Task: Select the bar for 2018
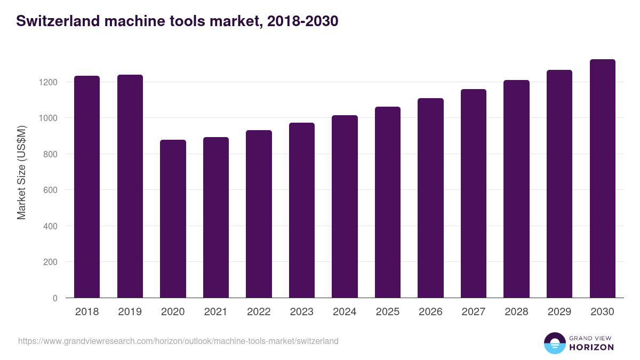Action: (87, 187)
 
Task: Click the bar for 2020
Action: (173, 219)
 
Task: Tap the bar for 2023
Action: (302, 210)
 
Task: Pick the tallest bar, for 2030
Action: (602, 179)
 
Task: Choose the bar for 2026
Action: (430, 198)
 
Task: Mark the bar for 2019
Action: (130, 186)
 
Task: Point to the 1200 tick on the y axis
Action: (47, 82)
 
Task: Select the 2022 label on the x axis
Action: (259, 312)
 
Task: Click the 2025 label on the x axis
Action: (388, 312)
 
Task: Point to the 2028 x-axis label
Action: (516, 312)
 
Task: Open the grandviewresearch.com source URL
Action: (178, 341)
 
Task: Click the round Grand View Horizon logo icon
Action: (555, 343)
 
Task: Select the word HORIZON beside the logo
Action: (592, 347)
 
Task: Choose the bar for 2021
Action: (216, 218)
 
